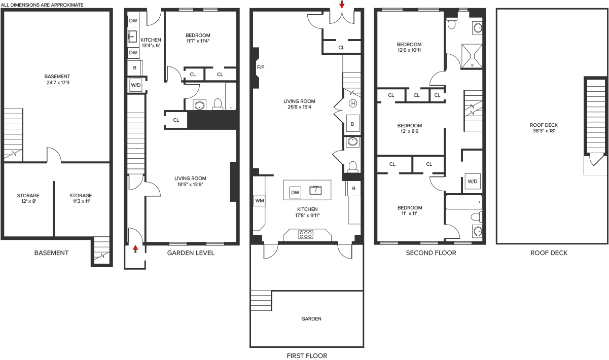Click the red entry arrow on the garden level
point(135,249)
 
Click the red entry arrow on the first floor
point(342,4)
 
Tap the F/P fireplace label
point(261,67)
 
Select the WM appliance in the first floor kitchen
point(259,201)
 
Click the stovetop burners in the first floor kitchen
point(306,234)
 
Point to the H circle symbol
point(353,103)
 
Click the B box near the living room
point(352,124)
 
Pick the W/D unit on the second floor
point(473,181)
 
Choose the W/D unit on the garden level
point(136,85)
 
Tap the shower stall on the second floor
point(472,56)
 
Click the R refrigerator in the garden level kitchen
point(134,68)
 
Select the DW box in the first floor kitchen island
point(295,193)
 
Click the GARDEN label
point(311,318)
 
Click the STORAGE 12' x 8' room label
point(28,198)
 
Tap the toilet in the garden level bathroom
point(218,104)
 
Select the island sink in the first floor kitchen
point(315,190)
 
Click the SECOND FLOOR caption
point(431,253)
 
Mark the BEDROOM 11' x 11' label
point(410,210)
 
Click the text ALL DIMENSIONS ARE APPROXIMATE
point(42,5)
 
